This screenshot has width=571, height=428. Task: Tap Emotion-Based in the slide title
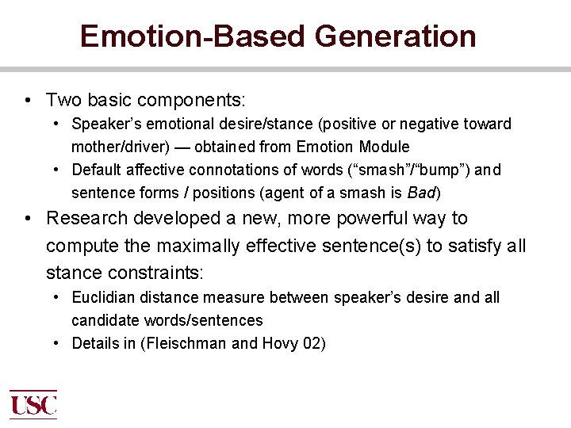[x=194, y=36]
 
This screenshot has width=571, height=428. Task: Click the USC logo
[x=33, y=404]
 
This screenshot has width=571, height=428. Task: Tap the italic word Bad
[x=421, y=193]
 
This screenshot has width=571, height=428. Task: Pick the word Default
[x=97, y=170]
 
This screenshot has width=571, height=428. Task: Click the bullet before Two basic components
[x=28, y=101]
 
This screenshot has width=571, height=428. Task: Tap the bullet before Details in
[x=57, y=344]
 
